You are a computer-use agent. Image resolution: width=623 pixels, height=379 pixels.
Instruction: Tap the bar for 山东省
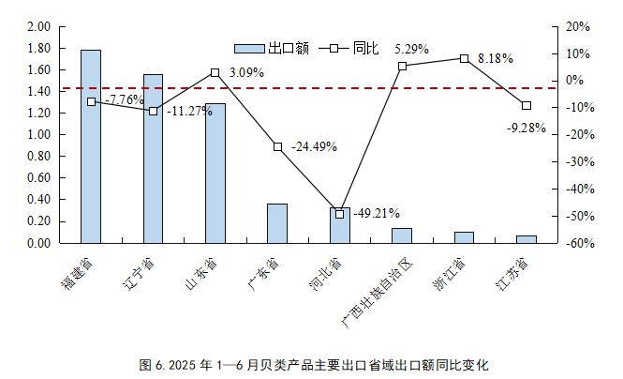pyautogui.click(x=215, y=178)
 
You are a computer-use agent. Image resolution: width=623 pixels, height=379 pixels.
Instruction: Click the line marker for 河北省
pyautogui.click(x=339, y=214)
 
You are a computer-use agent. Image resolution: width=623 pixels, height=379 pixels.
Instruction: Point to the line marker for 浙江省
pyautogui.click(x=464, y=58)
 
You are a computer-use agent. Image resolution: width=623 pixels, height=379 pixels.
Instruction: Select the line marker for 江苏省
pyautogui.click(x=527, y=105)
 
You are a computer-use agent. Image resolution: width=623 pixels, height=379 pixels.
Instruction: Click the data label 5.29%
pyautogui.click(x=412, y=49)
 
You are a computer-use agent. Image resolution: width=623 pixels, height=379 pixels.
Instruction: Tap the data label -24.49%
pyautogui.click(x=314, y=147)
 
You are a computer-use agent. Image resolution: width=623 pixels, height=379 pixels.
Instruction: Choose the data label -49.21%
pyautogui.click(x=376, y=212)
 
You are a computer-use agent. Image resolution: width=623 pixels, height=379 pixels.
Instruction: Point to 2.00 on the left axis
pyautogui.click(x=37, y=27)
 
